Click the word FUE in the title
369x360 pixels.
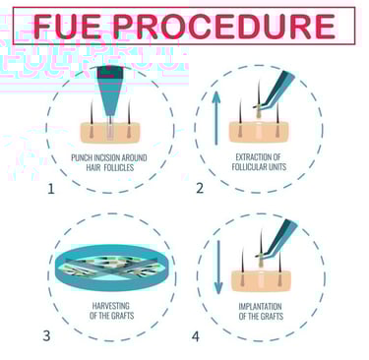tap(60, 27)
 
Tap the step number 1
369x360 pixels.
tap(51, 189)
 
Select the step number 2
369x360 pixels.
tap(200, 189)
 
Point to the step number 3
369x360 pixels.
tap(47, 336)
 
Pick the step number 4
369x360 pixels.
tap(196, 336)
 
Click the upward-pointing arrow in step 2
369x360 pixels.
tap(215, 118)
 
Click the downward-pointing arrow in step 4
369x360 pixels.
tap(218, 267)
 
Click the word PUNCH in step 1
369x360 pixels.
tap(80, 157)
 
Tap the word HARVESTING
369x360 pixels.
tap(110, 306)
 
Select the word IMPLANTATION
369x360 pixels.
tap(260, 307)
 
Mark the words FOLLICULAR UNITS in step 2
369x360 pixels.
tap(259, 167)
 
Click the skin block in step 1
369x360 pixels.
tap(110, 133)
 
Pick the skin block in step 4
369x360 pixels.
tap(261, 280)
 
